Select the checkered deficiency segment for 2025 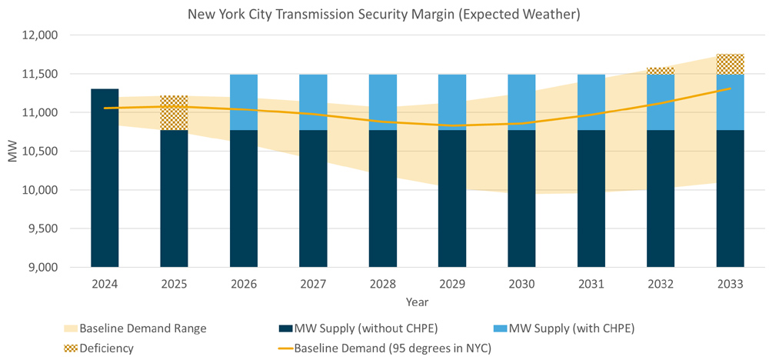pos(174,113)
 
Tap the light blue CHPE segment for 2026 pos(244,102)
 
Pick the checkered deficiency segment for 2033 pos(730,64)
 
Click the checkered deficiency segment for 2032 pos(661,71)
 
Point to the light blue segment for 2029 pos(452,102)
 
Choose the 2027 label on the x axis pos(313,284)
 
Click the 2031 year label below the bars pos(591,284)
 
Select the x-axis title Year pos(417,302)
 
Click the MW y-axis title pos(12,151)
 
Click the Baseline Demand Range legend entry pos(142,328)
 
